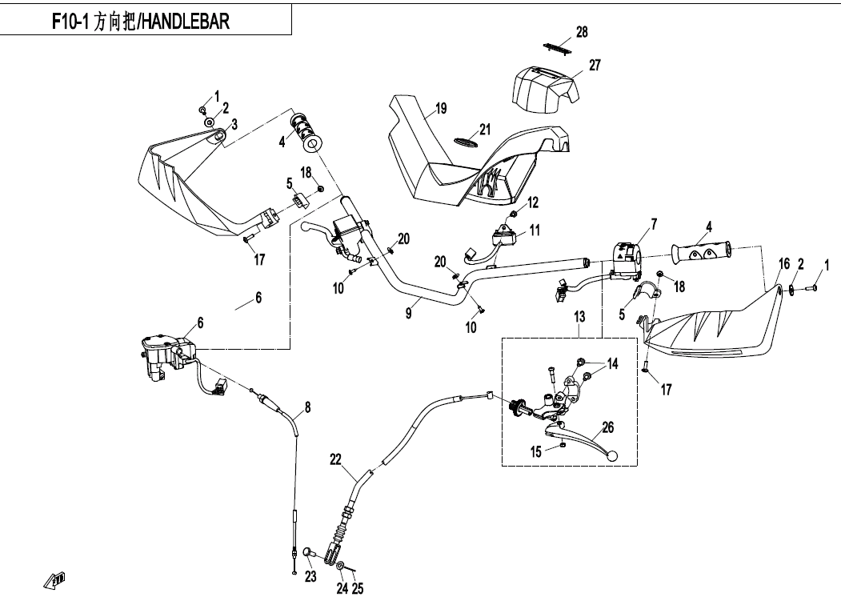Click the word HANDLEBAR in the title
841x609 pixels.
186,22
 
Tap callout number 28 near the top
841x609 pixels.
582,32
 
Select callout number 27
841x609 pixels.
595,65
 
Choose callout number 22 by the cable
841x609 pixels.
334,459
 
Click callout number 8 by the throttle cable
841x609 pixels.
308,407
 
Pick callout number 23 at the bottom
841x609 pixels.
310,575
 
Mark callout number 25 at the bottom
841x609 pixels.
358,589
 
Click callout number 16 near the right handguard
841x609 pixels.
784,264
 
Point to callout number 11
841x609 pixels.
534,230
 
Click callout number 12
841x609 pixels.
533,202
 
